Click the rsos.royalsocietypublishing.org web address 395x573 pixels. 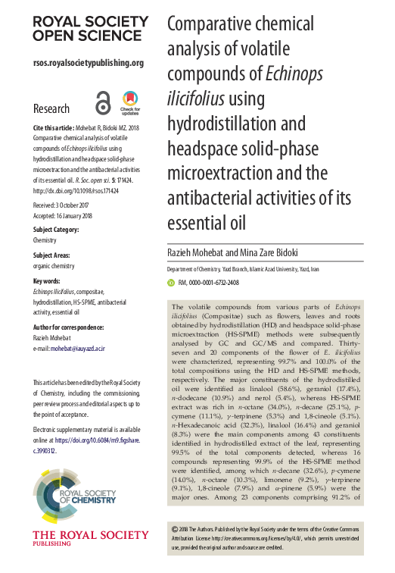(89, 63)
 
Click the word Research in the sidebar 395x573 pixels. (51, 109)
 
